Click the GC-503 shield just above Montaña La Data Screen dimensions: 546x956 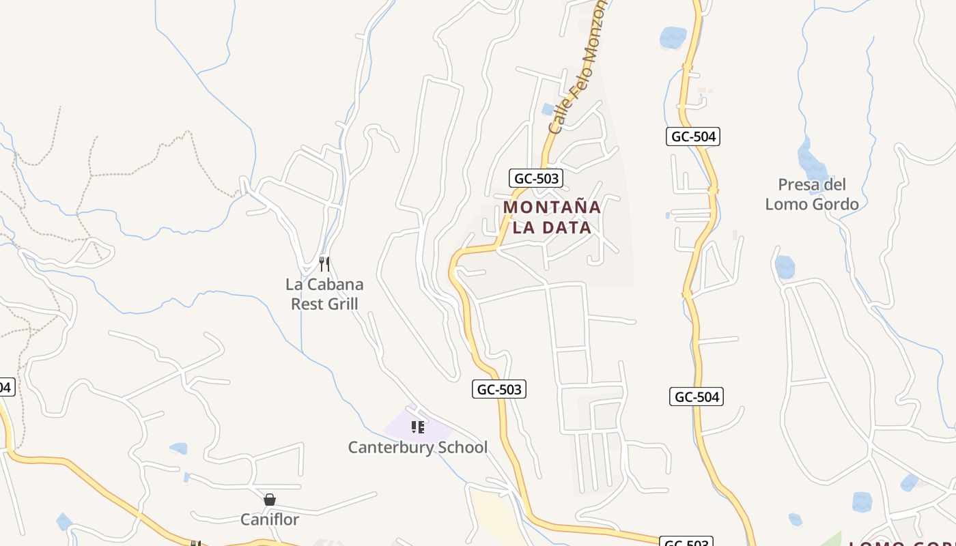tap(536, 179)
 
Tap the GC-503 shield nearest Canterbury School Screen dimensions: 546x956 tap(499, 390)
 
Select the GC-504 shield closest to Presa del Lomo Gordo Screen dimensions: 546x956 tap(693, 136)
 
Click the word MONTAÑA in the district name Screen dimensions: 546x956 tap(552, 207)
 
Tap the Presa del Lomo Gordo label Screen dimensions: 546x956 tap(812, 195)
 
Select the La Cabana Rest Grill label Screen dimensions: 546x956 tap(324, 293)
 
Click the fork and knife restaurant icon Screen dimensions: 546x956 tap(324, 263)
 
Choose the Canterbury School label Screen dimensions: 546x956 tap(417, 448)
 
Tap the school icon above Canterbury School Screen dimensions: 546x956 tap(417, 428)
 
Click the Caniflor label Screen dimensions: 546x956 tap(270, 519)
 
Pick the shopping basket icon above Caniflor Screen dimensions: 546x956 tap(270, 500)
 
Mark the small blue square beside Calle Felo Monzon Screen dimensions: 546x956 tap(548, 109)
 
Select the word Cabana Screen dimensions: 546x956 tap(335, 284)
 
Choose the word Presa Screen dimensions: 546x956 tap(795, 184)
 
